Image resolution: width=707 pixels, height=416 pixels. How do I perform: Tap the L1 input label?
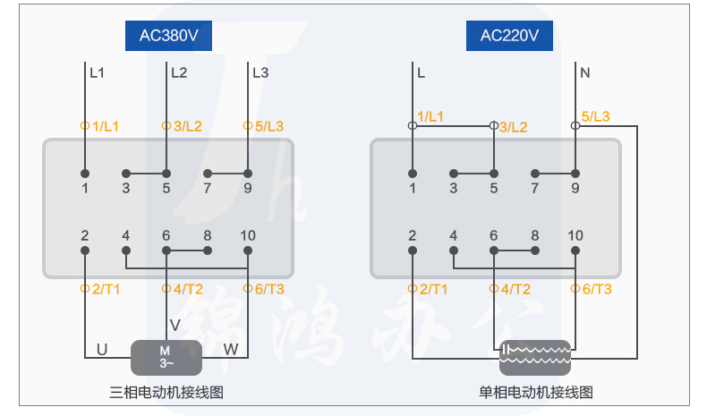coord(97,73)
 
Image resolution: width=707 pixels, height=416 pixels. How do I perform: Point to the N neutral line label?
coord(585,73)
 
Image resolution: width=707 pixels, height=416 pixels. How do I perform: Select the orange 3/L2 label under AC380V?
coord(183,126)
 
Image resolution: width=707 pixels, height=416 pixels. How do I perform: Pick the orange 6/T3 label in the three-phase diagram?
coord(268,288)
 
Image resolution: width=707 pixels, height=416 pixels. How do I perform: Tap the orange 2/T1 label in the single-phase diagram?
coord(432,288)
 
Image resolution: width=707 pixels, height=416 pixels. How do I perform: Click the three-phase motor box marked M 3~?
coord(166,356)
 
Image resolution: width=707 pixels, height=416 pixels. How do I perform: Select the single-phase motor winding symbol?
coord(535,356)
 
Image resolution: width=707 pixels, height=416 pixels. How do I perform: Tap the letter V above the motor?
coord(175,324)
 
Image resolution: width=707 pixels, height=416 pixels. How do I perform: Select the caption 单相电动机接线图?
coord(536,392)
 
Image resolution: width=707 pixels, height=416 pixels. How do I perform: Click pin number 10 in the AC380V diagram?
coord(248,235)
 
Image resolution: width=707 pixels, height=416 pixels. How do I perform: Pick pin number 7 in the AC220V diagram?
coord(534,188)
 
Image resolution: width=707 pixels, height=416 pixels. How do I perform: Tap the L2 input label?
coord(179,73)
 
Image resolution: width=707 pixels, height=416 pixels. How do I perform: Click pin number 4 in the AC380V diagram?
coord(126,235)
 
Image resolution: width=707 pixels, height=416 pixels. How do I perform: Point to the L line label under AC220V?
coord(421,73)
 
